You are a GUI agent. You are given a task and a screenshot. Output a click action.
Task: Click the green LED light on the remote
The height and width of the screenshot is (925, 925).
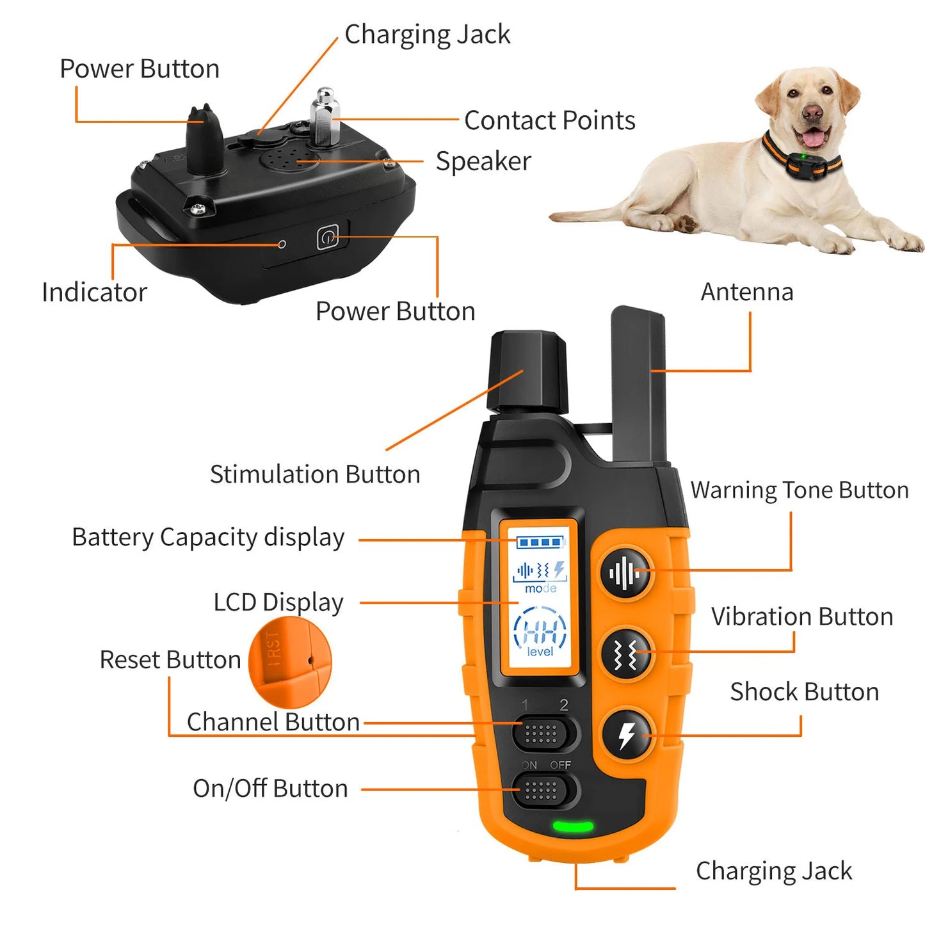[x=573, y=826]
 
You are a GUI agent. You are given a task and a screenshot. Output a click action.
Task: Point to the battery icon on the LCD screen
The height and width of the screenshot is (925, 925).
[x=541, y=542]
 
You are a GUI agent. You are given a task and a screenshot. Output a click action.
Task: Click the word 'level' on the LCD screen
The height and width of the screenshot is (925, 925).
[x=540, y=652]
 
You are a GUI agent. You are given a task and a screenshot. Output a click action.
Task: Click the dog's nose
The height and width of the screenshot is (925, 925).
[x=812, y=113]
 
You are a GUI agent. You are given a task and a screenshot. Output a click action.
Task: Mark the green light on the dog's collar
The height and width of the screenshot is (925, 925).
[x=803, y=156]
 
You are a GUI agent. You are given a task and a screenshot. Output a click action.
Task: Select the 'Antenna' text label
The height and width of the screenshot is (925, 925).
[x=747, y=292]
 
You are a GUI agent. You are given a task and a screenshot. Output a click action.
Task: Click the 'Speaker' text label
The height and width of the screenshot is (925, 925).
[x=483, y=161]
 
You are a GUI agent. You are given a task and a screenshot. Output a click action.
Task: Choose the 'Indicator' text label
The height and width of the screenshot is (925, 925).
[x=94, y=293]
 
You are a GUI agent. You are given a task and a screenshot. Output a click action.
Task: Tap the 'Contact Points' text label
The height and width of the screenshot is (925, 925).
[x=549, y=120]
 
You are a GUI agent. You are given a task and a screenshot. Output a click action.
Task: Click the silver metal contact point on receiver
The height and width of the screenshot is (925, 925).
[x=325, y=118]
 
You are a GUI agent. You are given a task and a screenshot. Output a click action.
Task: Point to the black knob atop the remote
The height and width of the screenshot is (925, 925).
[x=527, y=371]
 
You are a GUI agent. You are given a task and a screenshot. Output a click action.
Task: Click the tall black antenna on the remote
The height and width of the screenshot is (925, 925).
[x=638, y=384]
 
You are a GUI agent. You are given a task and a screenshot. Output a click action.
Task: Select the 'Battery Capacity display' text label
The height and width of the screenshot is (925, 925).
[x=208, y=537]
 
